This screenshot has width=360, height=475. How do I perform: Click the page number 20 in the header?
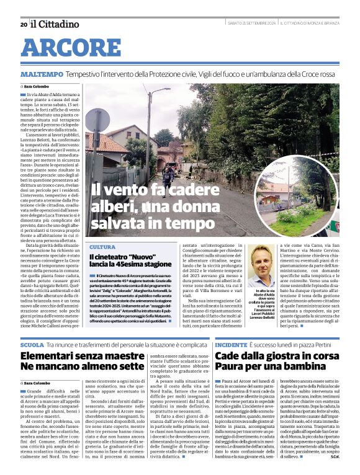23,24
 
